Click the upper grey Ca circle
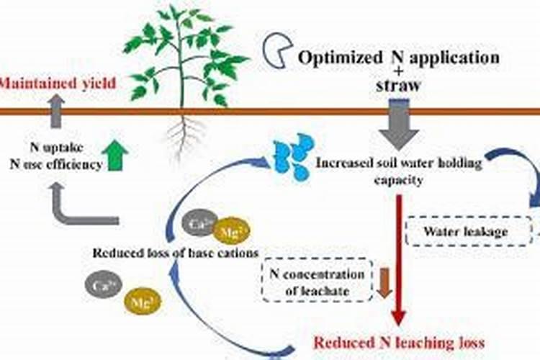(x=199, y=224)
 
